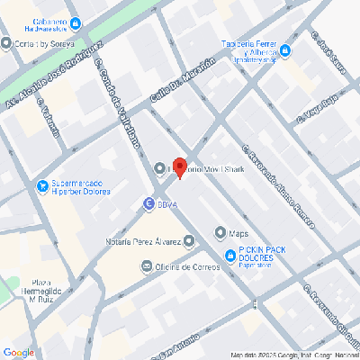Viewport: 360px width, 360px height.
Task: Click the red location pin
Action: [x=179, y=167]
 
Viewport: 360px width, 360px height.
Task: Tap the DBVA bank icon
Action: [x=148, y=205]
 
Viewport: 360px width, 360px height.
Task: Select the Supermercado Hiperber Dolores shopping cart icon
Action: [x=41, y=186]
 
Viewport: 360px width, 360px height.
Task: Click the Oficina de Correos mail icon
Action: [x=147, y=266]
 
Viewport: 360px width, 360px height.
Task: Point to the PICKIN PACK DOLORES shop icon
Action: [x=229, y=255]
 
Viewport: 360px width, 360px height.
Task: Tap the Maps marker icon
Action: [x=220, y=233]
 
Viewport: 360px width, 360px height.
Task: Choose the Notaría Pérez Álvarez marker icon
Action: [x=188, y=241]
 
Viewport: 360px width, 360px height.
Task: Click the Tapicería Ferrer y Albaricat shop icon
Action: [x=285, y=50]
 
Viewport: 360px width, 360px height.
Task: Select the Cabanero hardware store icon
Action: [x=75, y=23]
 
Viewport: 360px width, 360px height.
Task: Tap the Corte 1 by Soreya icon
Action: [x=6, y=43]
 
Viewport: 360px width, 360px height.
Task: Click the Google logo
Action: [x=18, y=352]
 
